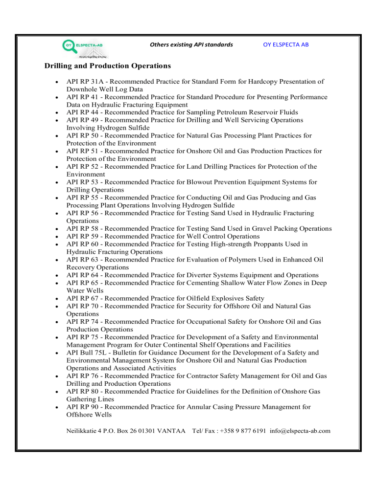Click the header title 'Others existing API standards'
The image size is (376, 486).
point(191,45)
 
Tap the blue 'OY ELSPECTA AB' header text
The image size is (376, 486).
point(285,45)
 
